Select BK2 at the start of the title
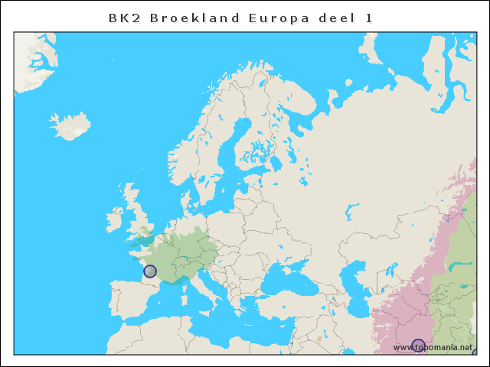[x=123, y=18]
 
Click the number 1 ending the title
[x=369, y=18]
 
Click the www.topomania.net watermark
[x=433, y=348]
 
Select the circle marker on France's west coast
[x=150, y=271]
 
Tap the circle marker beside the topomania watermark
[x=418, y=346]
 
